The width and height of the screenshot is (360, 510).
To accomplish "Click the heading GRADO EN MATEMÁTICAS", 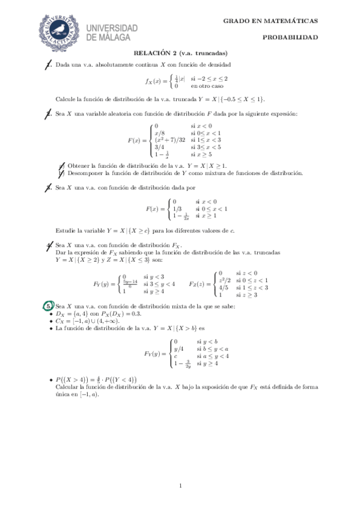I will tap(270, 21).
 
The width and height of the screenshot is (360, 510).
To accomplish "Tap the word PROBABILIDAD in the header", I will tap(290, 37).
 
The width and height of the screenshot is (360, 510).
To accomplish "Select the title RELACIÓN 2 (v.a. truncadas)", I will tap(180, 52).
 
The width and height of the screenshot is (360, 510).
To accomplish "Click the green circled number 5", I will tap(49, 306).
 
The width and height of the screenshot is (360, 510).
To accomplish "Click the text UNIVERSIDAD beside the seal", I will tap(112, 28).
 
